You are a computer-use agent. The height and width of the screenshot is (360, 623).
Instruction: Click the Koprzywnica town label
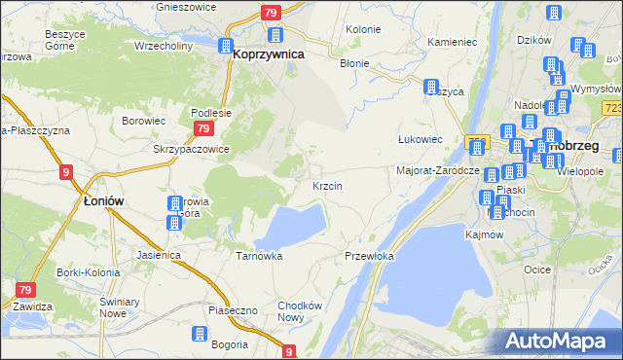[268, 55]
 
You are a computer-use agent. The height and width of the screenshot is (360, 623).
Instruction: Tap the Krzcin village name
[325, 185]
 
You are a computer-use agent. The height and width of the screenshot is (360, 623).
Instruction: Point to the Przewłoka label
[369, 256]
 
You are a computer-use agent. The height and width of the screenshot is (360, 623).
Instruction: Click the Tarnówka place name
[259, 256]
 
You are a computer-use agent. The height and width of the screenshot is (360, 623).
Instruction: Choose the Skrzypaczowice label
[191, 149]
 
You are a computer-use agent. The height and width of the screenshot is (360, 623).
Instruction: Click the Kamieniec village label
[452, 43]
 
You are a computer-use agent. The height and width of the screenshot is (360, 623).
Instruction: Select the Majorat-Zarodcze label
[437, 169]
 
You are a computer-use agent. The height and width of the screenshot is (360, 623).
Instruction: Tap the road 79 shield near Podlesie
[202, 128]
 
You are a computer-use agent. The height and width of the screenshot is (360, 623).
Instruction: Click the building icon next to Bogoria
[199, 334]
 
